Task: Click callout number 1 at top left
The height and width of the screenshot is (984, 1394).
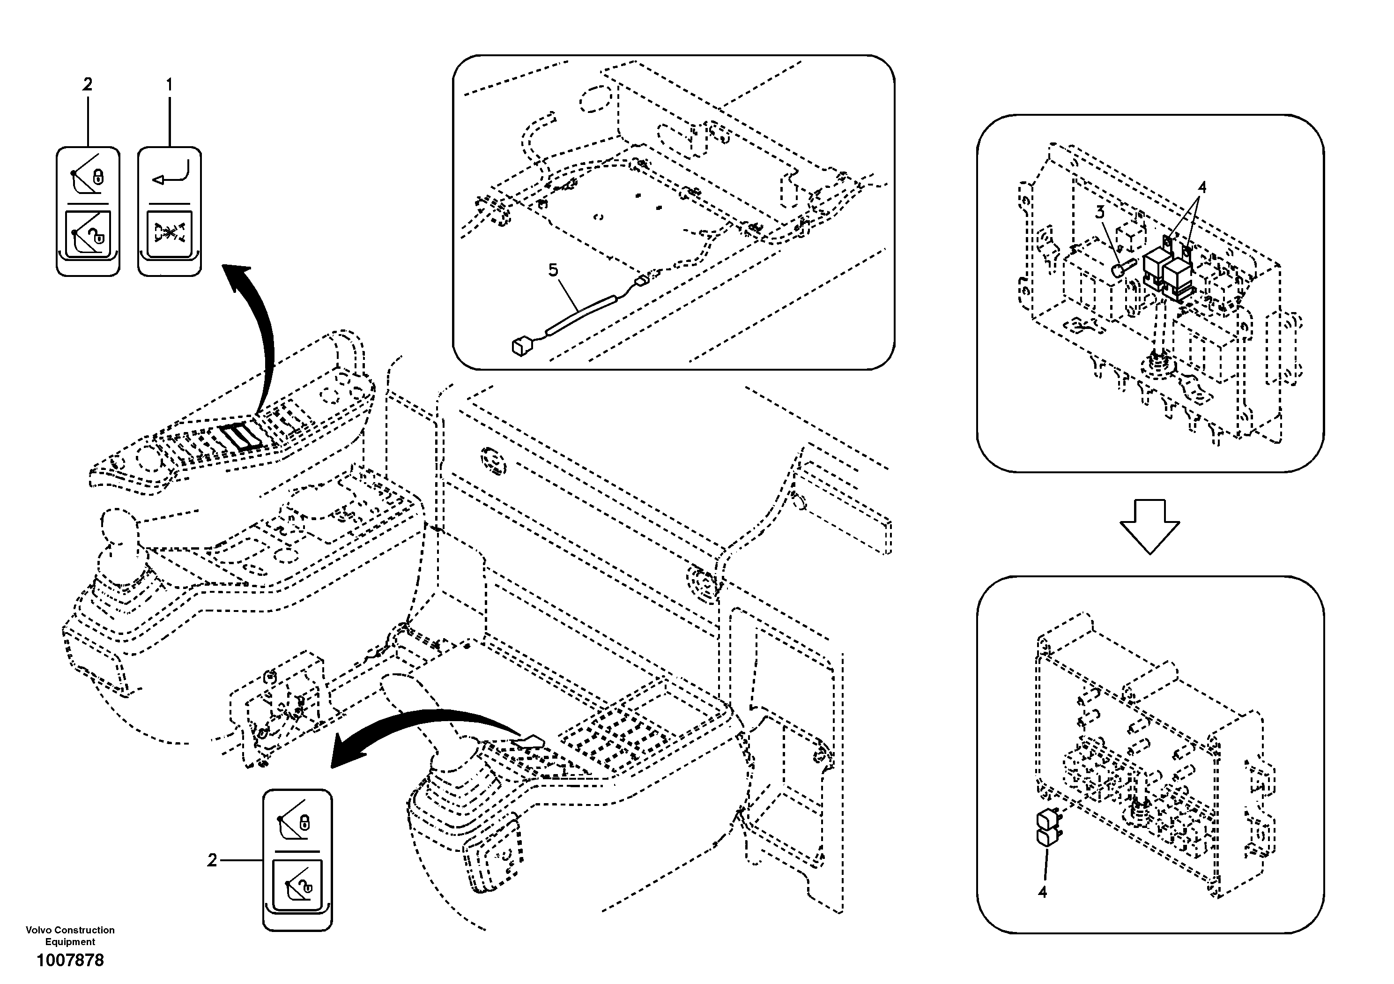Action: (170, 85)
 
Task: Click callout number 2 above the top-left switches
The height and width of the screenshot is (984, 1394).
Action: (88, 85)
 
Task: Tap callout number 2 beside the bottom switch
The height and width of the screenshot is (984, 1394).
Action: (212, 861)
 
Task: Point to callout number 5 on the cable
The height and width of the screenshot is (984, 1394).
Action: (553, 270)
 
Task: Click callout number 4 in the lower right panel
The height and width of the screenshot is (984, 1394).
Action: (1043, 892)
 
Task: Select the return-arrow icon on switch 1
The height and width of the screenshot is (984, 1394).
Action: (171, 174)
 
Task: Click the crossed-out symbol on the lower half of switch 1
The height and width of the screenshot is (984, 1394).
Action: (170, 232)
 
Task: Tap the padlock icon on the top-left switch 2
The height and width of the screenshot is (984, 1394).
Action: (99, 178)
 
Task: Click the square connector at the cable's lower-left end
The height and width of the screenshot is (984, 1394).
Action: (521, 347)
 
